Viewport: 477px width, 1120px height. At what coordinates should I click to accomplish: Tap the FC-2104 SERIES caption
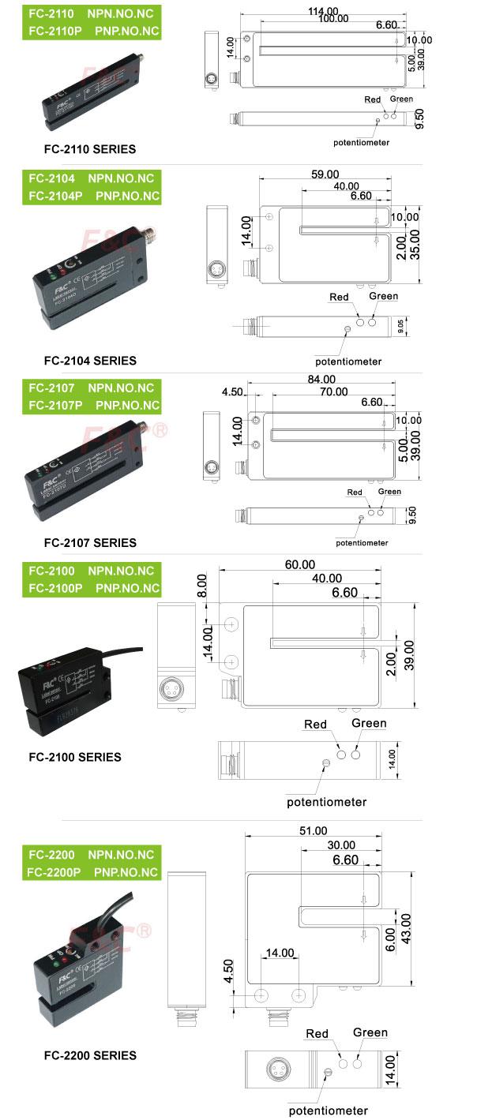90,361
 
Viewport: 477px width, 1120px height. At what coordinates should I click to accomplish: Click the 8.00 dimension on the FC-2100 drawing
201,586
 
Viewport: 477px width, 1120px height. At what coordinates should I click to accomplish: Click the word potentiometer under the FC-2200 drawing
328,1111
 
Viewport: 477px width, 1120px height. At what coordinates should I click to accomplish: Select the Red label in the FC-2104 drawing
339,298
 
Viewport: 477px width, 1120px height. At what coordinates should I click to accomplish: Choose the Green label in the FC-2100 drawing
369,723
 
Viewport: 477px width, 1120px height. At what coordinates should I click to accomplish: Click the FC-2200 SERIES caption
90,1055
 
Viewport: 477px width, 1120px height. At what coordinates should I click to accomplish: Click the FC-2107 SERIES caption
90,542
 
